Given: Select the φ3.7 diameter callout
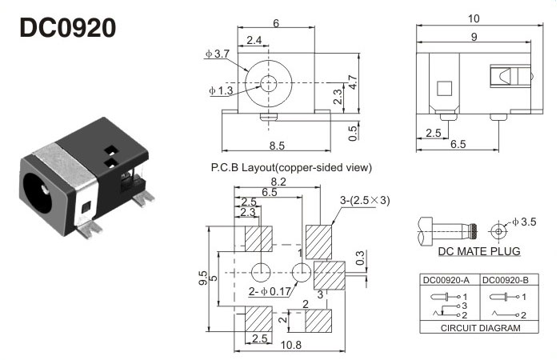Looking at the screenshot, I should click(218, 54).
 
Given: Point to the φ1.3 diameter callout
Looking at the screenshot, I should click(221, 91).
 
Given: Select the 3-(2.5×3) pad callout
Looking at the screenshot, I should click(363, 200).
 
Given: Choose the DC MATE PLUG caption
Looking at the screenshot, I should click(479, 251).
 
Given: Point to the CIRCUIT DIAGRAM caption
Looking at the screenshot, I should click(478, 327).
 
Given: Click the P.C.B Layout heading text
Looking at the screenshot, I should click(291, 168).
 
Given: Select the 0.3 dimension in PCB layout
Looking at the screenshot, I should click(361, 258).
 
